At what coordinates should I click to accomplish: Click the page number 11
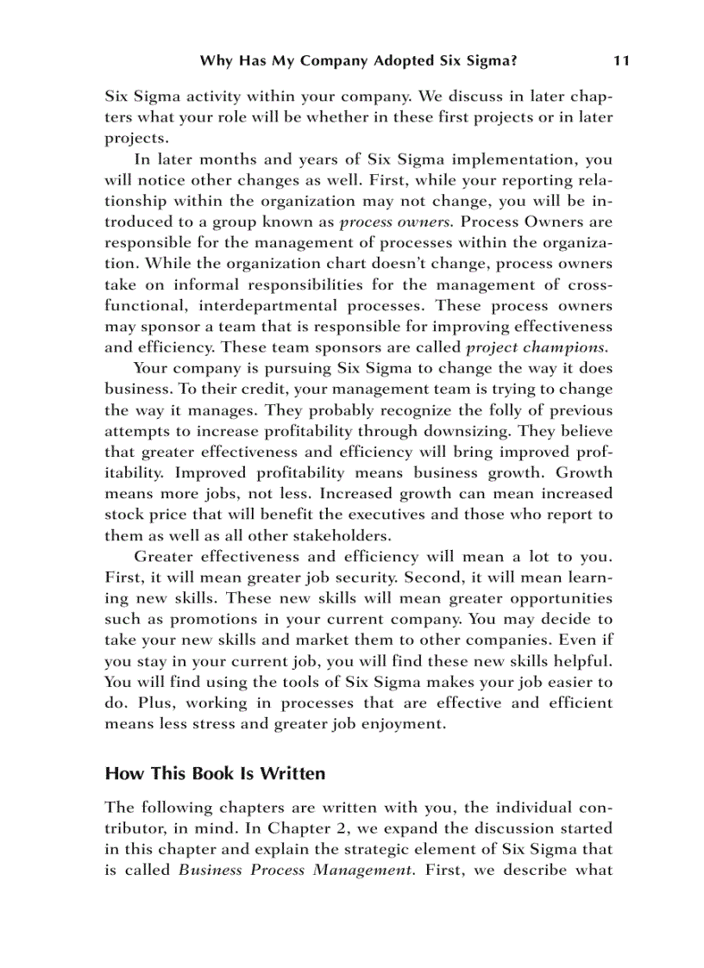click(x=620, y=60)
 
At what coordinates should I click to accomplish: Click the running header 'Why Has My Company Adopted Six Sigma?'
click(x=358, y=60)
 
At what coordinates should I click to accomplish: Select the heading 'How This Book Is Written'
click(x=215, y=773)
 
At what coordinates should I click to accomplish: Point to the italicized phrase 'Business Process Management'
click(x=293, y=870)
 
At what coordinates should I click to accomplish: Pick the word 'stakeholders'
click(x=341, y=535)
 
